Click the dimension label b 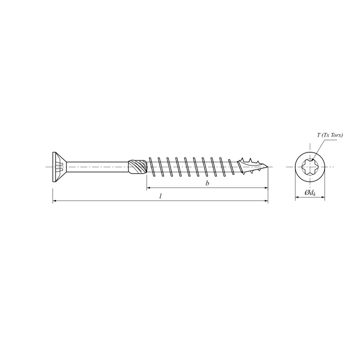(207, 183)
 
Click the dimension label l (160, 196)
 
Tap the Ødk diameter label (310, 193)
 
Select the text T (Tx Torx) (330, 135)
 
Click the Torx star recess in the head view (310, 167)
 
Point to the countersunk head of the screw (59, 167)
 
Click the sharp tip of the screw (267, 166)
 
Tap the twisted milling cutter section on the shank (137, 167)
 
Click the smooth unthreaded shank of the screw (97, 167)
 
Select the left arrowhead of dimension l (54, 201)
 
